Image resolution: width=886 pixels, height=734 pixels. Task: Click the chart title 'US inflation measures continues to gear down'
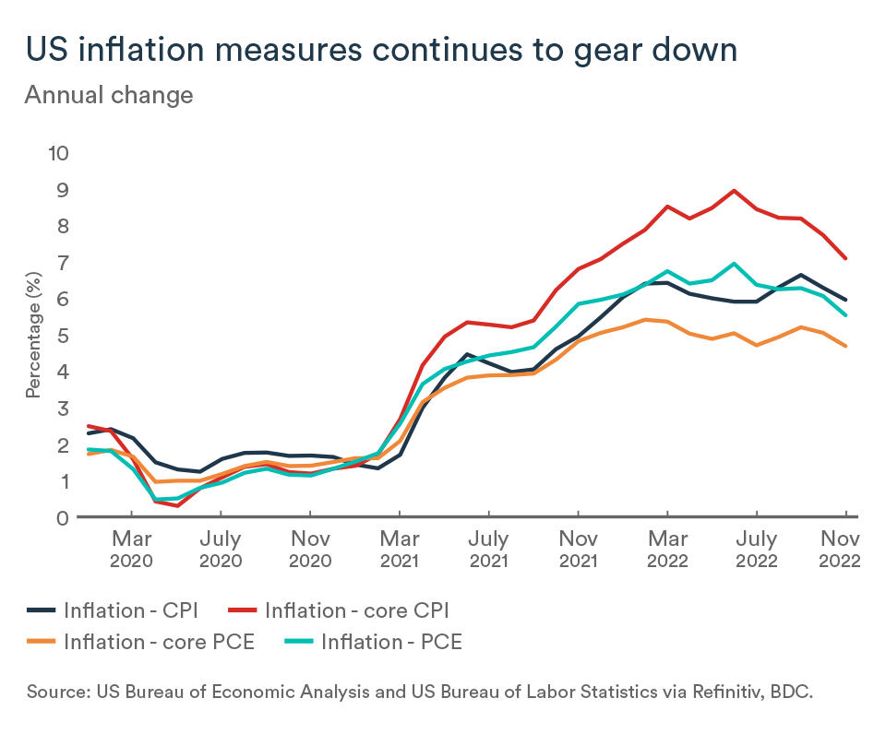click(380, 50)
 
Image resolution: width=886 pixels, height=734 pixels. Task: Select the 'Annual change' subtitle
click(109, 95)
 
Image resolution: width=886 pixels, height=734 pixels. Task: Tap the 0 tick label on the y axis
click(63, 517)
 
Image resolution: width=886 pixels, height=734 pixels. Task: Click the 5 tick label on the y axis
click(63, 335)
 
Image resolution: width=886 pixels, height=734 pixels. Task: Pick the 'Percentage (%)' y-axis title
click(33, 335)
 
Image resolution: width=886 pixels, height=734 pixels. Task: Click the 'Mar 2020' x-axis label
click(132, 549)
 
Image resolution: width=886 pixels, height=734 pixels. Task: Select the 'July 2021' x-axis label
click(489, 549)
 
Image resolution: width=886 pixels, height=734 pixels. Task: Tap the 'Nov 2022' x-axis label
click(841, 549)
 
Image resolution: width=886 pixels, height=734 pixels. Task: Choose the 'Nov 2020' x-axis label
click(311, 549)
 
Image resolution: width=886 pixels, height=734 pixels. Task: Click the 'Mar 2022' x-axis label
click(668, 549)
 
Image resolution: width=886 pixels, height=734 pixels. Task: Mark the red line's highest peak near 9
click(734, 191)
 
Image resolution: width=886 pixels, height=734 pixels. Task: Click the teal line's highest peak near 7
click(734, 264)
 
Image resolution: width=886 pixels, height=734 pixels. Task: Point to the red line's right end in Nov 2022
click(845, 258)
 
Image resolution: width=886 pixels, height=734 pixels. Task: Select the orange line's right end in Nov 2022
click(845, 346)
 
